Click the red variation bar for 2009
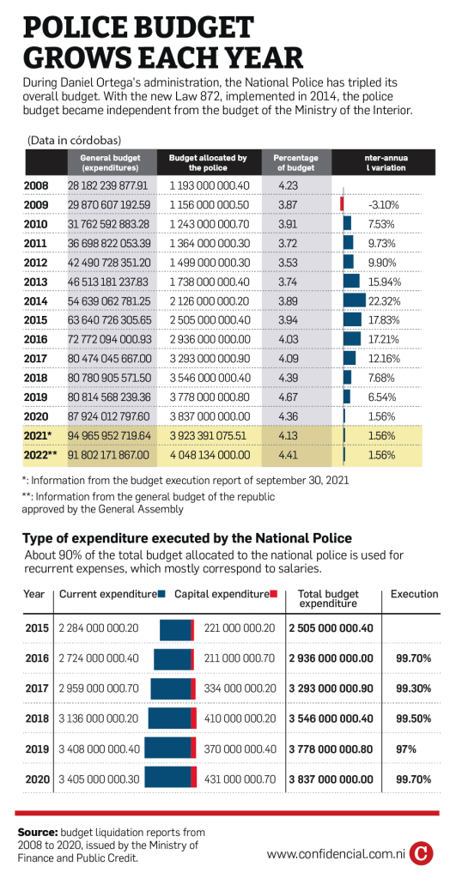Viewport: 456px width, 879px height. [x=342, y=203]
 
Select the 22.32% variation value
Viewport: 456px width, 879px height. [x=384, y=301]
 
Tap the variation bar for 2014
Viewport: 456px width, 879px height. [x=354, y=300]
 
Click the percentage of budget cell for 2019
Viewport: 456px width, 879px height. [x=287, y=397]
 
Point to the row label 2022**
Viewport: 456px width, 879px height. [x=40, y=455]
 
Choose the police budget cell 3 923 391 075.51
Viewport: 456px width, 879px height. [x=210, y=435]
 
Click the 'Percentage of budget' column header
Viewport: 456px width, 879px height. [x=295, y=162]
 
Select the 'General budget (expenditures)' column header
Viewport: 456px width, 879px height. [x=110, y=162]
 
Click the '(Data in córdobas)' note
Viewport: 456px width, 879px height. [x=74, y=140]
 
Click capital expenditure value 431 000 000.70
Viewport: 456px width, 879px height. [x=240, y=779]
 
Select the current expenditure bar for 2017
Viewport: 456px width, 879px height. [x=171, y=688]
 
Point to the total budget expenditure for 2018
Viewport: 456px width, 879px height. [x=331, y=718]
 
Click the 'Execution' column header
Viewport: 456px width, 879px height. [x=415, y=594]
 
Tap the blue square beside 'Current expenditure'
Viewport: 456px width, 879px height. [x=161, y=594]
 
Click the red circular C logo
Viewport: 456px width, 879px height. [x=422, y=854]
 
